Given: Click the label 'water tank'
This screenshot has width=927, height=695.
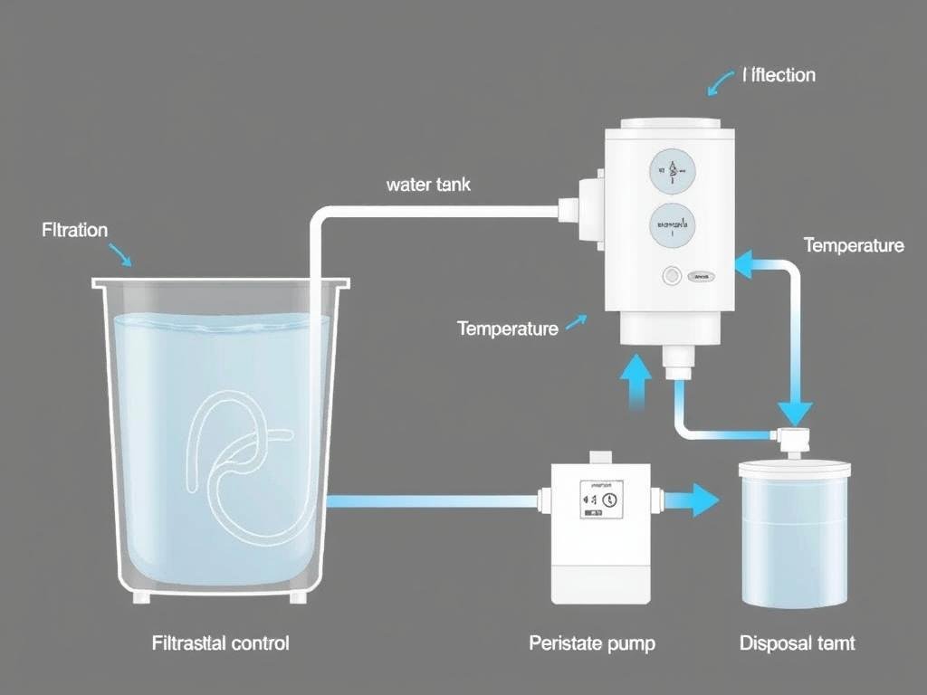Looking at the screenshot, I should coord(428,185).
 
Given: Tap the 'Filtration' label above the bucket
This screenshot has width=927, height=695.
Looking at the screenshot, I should coord(75,230).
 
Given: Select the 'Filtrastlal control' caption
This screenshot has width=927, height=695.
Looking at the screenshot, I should coord(220,643).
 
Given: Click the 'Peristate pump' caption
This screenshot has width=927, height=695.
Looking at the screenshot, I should coord(592,643).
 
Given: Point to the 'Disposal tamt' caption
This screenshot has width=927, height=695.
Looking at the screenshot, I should coord(797,643).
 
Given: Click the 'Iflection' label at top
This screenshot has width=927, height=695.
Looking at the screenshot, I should coord(779,75).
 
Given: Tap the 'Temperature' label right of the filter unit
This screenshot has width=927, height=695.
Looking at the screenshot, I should coord(853,245).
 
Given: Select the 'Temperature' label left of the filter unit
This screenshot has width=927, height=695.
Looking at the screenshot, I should coord(508,328).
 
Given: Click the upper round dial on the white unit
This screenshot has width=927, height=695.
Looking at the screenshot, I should coord(673,171).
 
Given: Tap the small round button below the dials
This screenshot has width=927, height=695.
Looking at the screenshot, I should coord(672,275).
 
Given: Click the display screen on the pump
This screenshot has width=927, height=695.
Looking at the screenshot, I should coord(601,500).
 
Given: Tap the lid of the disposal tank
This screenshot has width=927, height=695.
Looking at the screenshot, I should coord(795,468).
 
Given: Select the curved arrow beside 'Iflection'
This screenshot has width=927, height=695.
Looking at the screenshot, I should coord(721,83).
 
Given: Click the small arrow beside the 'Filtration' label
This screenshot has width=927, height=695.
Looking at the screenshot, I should coord(120,254).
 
